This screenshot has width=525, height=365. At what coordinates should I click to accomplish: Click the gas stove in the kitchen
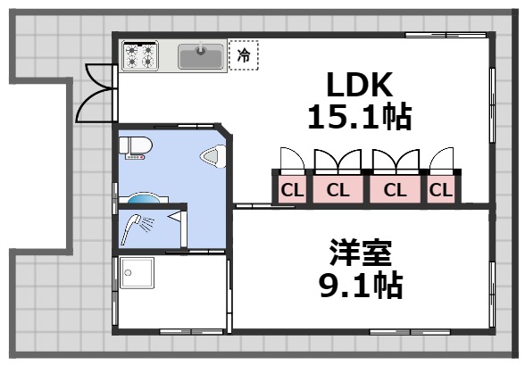(x=140, y=56)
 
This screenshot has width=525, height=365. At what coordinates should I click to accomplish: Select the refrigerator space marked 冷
(x=243, y=55)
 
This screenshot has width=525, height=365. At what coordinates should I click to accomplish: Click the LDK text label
(x=359, y=87)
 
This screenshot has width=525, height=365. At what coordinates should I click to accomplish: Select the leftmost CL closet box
(x=291, y=189)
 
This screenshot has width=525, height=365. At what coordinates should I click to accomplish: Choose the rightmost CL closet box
(x=441, y=189)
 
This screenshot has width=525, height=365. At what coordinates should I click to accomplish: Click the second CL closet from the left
(x=337, y=189)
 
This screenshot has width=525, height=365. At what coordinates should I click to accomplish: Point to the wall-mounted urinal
(x=212, y=159)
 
